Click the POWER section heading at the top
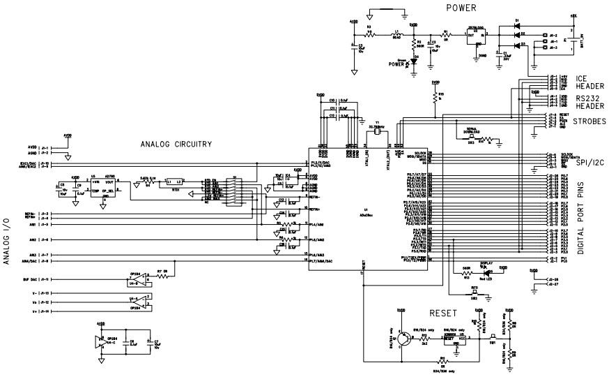(461, 8)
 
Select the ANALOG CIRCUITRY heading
(176, 145)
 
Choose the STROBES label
(589, 122)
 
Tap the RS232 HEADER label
(588, 102)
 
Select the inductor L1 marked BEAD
(396, 34)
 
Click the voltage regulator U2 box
(477, 37)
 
